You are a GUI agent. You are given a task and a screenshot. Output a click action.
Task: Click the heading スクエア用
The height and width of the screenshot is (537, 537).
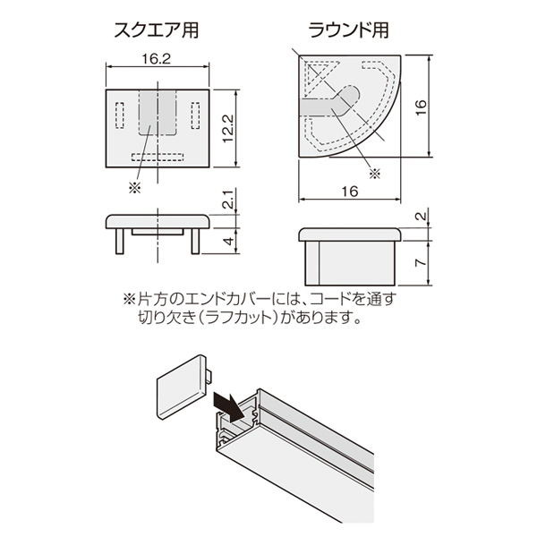[156, 30]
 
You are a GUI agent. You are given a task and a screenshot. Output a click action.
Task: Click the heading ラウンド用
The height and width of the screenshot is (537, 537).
[348, 30]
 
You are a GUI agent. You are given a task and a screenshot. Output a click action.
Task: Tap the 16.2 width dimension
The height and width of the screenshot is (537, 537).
[156, 59]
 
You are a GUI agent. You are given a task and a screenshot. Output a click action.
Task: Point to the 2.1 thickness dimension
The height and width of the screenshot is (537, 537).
[229, 200]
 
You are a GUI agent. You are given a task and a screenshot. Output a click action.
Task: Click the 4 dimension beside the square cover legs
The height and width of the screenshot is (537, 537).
[229, 241]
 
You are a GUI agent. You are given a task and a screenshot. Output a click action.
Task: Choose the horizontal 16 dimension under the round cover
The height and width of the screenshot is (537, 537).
[350, 192]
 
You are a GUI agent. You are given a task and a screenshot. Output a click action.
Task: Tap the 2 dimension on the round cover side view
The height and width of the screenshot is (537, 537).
[422, 216]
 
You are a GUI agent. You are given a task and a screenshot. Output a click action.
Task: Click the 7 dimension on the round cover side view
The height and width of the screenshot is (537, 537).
[421, 262]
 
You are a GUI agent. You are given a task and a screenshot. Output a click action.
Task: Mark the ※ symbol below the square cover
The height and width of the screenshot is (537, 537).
[134, 187]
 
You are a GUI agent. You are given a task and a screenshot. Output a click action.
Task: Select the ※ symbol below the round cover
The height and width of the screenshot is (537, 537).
[375, 174]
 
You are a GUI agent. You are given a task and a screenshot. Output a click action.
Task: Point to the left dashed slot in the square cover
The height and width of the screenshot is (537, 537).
[120, 115]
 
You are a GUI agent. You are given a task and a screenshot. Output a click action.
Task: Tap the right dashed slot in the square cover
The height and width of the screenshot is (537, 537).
[195, 115]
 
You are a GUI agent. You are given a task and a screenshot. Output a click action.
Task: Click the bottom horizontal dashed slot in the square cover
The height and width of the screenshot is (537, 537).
[158, 158]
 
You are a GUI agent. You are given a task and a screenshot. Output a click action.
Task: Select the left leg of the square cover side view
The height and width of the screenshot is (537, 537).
[120, 241]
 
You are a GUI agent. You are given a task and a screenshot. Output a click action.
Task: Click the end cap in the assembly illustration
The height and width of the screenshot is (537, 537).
[183, 387]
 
